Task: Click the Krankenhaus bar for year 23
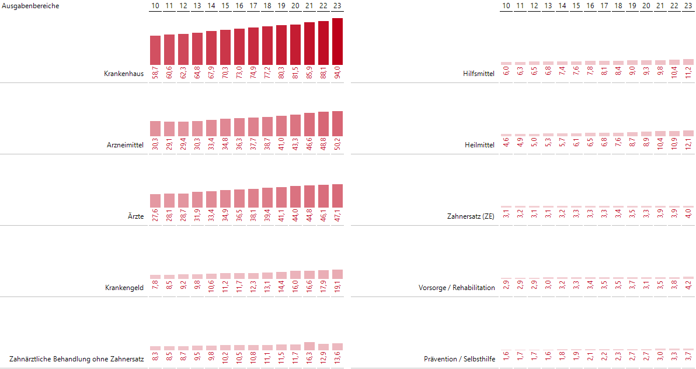point(337,42)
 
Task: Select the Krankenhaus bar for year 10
point(155,50)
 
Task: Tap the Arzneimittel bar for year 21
point(309,125)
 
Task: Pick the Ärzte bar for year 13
point(197,200)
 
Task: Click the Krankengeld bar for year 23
point(337,274)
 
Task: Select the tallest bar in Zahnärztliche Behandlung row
point(309,346)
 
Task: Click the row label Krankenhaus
point(124,74)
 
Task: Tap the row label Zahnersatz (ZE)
point(471,216)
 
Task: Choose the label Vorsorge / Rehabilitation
point(457,288)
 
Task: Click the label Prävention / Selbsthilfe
point(459,359)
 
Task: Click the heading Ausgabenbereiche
point(30,6)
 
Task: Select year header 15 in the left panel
point(225,6)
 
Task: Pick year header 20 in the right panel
point(646,6)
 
